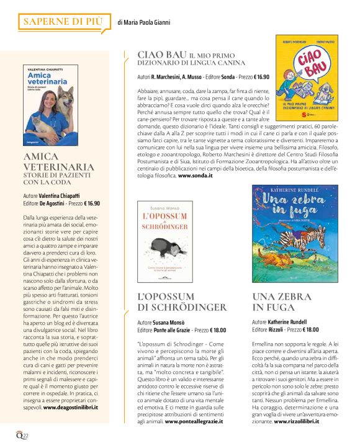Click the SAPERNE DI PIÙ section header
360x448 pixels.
click(x=61, y=22)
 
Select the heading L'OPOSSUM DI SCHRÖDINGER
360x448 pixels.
click(x=181, y=302)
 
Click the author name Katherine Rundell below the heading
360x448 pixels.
click(x=289, y=323)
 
